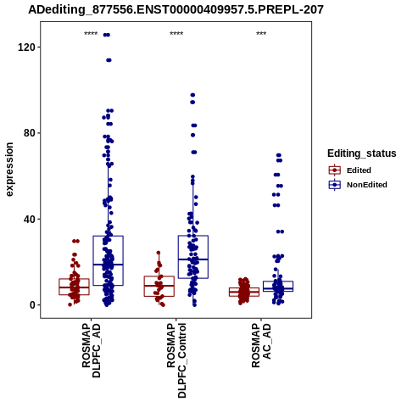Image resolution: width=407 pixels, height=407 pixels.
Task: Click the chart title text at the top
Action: coord(176,10)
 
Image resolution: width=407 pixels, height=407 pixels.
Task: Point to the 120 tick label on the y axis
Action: coord(26,47)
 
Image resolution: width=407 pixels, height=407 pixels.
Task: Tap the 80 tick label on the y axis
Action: coord(30,133)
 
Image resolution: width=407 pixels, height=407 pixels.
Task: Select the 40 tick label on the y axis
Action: coord(30,220)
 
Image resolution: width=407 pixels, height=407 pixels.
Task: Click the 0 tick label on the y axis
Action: coord(32,305)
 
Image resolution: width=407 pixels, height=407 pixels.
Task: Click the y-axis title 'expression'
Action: coord(9,170)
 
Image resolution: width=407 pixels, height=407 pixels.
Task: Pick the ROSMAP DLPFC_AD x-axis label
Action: coord(92,350)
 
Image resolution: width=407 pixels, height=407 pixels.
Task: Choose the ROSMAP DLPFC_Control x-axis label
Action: coord(176,360)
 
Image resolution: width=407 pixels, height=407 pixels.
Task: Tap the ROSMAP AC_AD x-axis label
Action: coord(261,345)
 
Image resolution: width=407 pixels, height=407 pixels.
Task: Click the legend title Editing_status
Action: coord(362,153)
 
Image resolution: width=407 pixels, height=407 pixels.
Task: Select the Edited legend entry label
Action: coord(359,170)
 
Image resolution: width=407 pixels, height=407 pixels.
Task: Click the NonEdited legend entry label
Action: coord(367,185)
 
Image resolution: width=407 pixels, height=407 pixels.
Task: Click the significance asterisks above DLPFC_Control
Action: coord(176,34)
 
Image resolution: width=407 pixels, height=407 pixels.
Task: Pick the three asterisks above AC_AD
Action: coord(261,34)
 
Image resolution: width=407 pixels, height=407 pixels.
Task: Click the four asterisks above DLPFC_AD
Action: coord(91,34)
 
